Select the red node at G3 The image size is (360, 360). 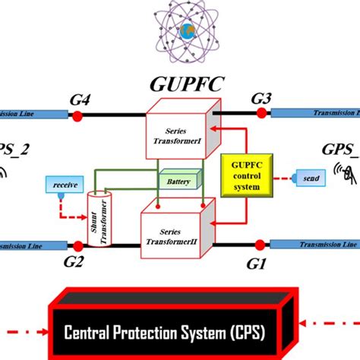pyautogui.click(x=261, y=112)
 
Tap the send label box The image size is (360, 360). pyautogui.click(x=309, y=179)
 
